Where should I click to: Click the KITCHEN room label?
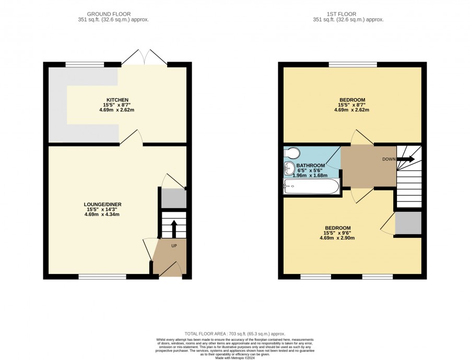(x=118, y=100)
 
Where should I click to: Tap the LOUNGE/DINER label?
(x=102, y=204)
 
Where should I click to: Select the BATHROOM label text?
(x=311, y=165)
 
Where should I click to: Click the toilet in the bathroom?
(x=291, y=153)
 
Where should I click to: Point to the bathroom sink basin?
(x=289, y=169)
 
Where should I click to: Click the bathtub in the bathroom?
(x=311, y=186)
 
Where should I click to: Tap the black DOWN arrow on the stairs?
(x=406, y=159)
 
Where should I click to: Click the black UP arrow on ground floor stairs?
(x=173, y=229)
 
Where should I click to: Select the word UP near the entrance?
(x=174, y=246)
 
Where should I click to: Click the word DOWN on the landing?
(x=389, y=159)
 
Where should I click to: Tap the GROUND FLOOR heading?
(x=109, y=14)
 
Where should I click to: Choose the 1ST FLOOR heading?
(x=342, y=14)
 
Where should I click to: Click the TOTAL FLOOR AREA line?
(x=235, y=333)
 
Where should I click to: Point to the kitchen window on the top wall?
(x=85, y=64)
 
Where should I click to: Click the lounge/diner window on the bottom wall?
(x=102, y=277)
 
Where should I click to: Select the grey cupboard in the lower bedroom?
(x=408, y=223)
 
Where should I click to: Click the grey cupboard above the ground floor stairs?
(x=174, y=198)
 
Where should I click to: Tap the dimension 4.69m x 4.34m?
(x=102, y=214)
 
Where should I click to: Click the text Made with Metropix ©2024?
(x=235, y=357)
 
